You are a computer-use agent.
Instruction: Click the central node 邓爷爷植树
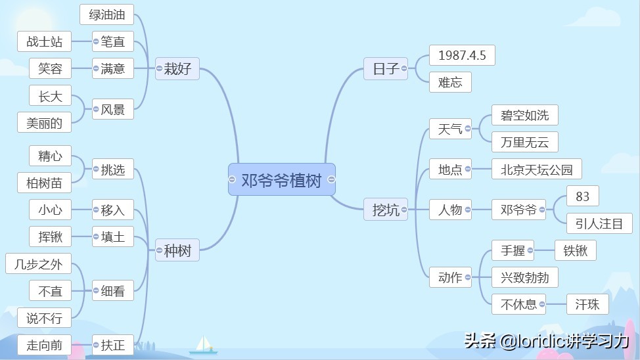tap(282, 179)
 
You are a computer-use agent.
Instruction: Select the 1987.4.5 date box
tap(462, 55)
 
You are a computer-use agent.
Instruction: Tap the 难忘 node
tap(450, 82)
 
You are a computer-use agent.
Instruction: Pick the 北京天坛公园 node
tap(536, 169)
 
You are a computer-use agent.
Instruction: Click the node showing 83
tap(582, 196)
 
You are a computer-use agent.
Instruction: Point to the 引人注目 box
tap(599, 223)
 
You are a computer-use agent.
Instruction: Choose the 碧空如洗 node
tap(524, 115)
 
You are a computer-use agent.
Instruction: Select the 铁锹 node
tap(575, 250)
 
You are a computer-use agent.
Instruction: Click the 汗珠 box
tap(587, 304)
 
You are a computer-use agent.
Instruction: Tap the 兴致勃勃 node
tap(524, 277)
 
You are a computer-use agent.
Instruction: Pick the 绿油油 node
tap(107, 14)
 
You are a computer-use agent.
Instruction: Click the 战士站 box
tap(44, 41)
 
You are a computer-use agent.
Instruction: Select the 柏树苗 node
tap(44, 183)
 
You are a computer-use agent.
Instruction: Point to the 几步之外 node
tap(38, 263)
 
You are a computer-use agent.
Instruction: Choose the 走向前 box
tap(44, 345)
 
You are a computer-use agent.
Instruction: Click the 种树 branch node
tap(177, 250)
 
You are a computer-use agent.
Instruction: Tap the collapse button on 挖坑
tap(403, 210)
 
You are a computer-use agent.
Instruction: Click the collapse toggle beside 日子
tap(403, 68)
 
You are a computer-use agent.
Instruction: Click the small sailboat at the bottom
tap(203, 345)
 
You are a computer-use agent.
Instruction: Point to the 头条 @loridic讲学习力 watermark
tap(547, 341)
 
